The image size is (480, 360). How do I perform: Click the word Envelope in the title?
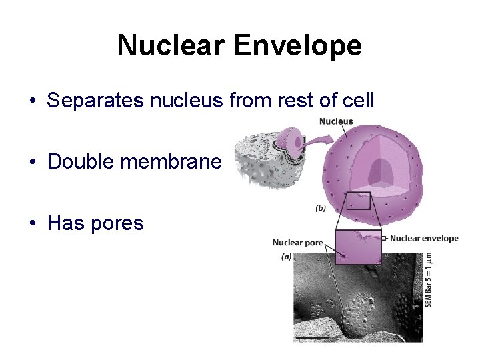pyautogui.click(x=297, y=45)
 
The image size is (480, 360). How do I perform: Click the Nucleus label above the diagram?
pyautogui.click(x=336, y=121)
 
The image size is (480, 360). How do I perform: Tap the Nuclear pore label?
pyautogui.click(x=297, y=242)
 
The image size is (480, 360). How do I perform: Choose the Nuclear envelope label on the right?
pyautogui.click(x=424, y=238)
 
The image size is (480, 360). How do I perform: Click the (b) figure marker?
pyautogui.click(x=320, y=208)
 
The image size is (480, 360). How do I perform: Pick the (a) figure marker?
pyautogui.click(x=287, y=256)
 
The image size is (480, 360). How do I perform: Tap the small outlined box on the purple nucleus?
pyautogui.click(x=358, y=201)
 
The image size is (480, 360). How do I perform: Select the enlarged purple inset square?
pyautogui.click(x=358, y=247)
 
